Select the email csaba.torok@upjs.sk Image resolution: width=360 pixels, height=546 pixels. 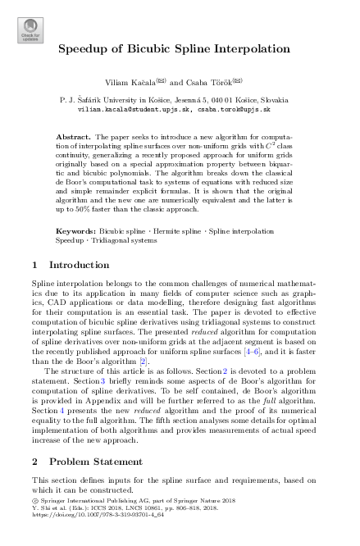coord(239,107)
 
